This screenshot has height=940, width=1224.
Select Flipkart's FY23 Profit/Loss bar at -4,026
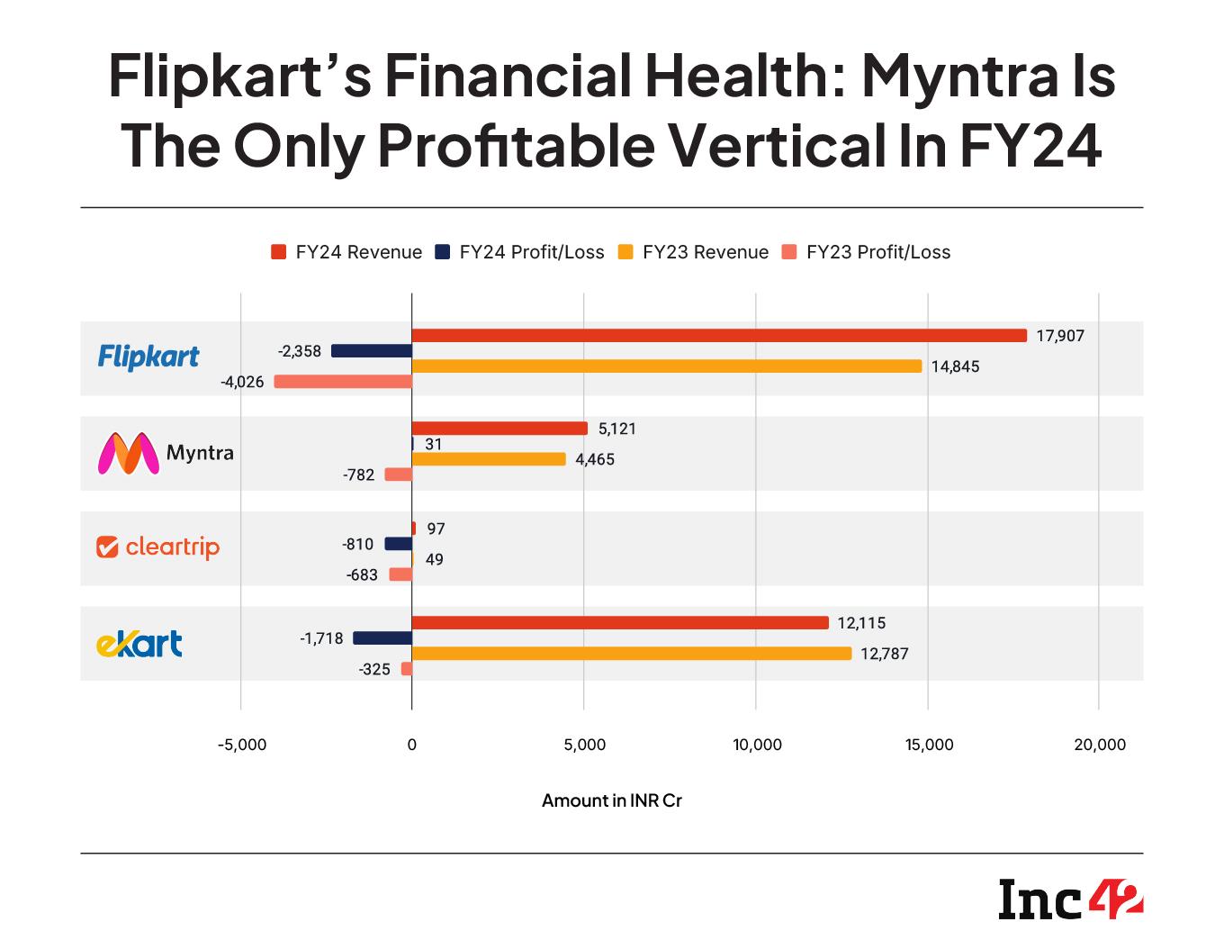(x=343, y=382)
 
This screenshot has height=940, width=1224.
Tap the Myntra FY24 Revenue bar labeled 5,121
(x=499, y=429)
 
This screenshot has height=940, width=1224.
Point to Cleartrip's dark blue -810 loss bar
(x=398, y=544)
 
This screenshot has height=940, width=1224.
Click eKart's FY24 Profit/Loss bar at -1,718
(x=382, y=638)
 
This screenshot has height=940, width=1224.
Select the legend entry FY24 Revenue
(x=346, y=252)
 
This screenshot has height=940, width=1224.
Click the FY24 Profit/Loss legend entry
(x=519, y=252)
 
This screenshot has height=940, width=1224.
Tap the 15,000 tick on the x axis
(x=928, y=745)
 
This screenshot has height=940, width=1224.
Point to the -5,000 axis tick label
(x=241, y=745)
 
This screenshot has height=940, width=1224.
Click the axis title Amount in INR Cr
(x=612, y=800)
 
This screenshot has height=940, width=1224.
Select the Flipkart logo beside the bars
(x=148, y=357)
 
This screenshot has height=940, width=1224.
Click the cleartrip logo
(x=158, y=547)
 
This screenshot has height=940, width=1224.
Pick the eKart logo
(x=139, y=643)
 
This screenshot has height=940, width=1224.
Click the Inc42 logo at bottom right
(x=1070, y=899)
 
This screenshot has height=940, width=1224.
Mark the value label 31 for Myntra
(x=432, y=445)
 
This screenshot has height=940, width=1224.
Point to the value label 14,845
(x=955, y=367)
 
